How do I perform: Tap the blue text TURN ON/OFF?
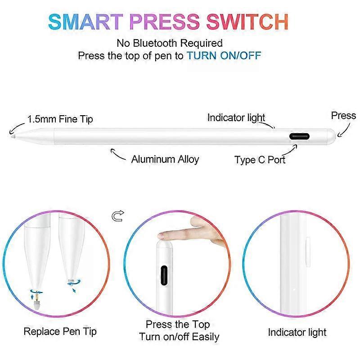pyautogui.click(x=224, y=56)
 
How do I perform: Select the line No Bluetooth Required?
pyautogui.click(x=170, y=44)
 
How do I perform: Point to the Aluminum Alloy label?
pyautogui.click(x=165, y=159)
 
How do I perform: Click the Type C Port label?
pyautogui.click(x=260, y=159)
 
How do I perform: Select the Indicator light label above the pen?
pyautogui.click(x=236, y=118)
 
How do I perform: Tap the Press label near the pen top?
pyautogui.click(x=343, y=116)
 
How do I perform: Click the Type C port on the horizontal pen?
pyautogui.click(x=299, y=137)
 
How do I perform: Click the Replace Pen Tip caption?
pyautogui.click(x=60, y=332)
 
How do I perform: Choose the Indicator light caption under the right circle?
pyautogui.click(x=297, y=332)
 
